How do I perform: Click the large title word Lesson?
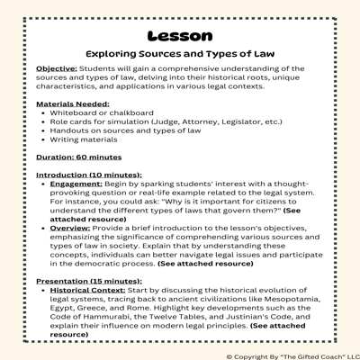point(179,36)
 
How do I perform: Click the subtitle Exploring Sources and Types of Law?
point(179,54)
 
